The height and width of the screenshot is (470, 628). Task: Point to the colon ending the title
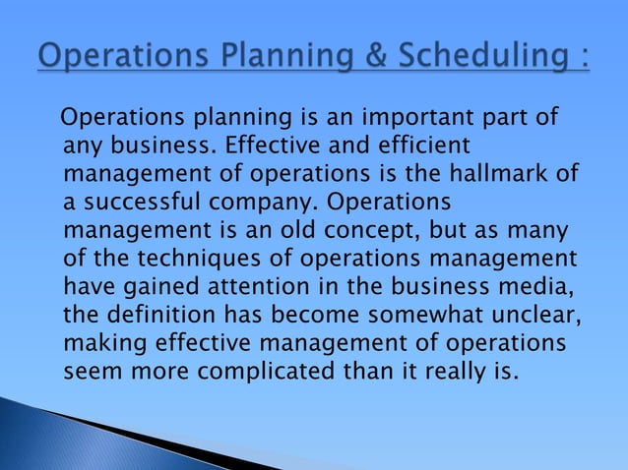(x=584, y=57)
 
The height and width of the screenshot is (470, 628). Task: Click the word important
(x=408, y=120)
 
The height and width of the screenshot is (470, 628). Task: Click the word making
(x=101, y=344)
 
